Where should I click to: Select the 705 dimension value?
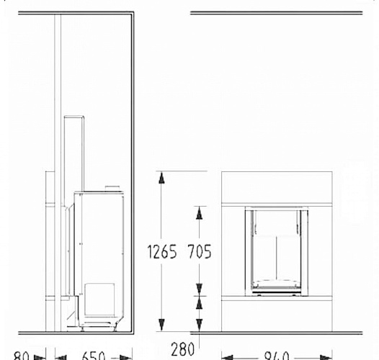point(200,253)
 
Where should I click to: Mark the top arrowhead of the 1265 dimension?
point(161,175)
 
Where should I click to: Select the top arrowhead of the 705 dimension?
point(199,210)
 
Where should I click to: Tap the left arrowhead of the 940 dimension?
point(225,356)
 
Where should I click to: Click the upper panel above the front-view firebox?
point(276,189)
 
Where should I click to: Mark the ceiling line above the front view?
point(276,12)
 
